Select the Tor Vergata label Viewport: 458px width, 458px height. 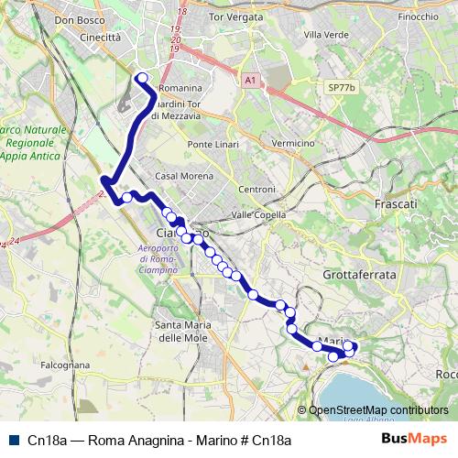(x=243, y=16)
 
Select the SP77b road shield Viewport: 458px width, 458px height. (x=340, y=87)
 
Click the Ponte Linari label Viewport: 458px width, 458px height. (x=212, y=145)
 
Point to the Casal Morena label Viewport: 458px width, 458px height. (x=180, y=175)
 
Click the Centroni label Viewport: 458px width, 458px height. (x=256, y=189)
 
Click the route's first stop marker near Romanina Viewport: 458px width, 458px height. (x=142, y=78)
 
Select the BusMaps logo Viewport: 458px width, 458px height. (x=413, y=439)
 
